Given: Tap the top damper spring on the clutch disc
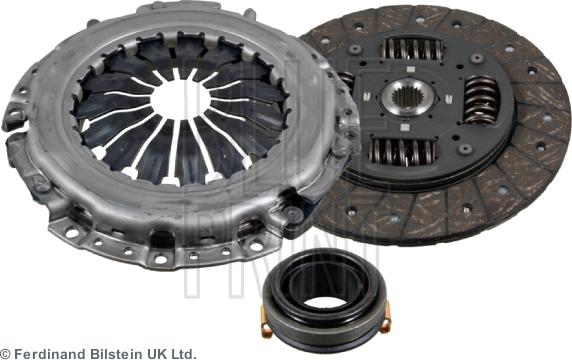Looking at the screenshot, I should (409, 48).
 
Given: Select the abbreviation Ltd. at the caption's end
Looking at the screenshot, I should (184, 353).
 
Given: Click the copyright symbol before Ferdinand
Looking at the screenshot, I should (6, 353).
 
